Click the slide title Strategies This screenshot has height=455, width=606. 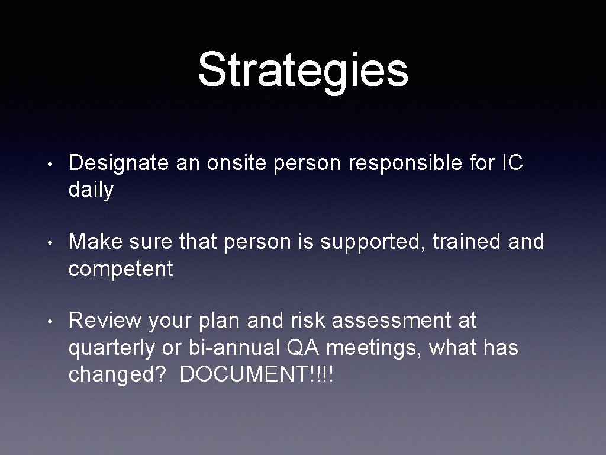tap(303, 70)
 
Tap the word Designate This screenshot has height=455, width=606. tap(118, 164)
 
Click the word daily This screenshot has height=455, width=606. tap(91, 191)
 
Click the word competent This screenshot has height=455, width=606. tap(121, 269)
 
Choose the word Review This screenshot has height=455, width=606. tap(105, 321)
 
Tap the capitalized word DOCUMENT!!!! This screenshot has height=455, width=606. tap(256, 375)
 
